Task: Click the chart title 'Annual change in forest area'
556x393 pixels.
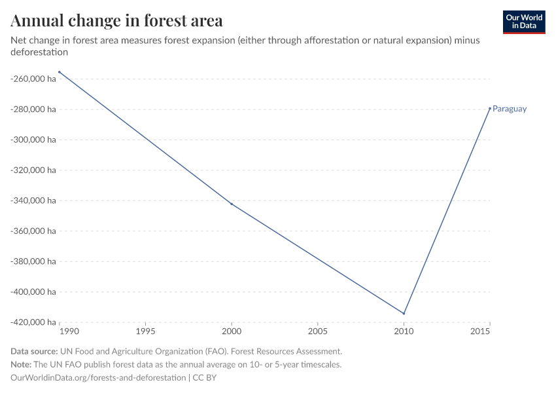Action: click(116, 21)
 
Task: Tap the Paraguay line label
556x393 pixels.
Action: click(510, 109)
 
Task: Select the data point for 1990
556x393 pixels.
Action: click(60, 72)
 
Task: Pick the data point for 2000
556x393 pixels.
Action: click(232, 204)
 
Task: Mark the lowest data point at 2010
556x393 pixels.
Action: click(404, 313)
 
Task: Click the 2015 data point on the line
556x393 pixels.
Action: click(490, 108)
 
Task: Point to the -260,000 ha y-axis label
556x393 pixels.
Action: click(33, 79)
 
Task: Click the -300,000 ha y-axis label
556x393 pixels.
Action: click(33, 140)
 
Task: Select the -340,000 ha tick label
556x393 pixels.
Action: click(33, 200)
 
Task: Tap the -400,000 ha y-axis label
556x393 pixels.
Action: click(33, 291)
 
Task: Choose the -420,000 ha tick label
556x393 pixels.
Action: click(33, 322)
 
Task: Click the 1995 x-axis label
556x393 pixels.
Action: click(145, 332)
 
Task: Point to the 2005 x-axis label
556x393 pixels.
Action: click(317, 332)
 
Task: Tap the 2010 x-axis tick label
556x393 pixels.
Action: click(404, 332)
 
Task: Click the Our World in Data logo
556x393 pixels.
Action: click(523, 22)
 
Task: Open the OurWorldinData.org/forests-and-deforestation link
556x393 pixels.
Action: click(98, 378)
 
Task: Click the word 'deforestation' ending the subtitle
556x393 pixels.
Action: click(39, 52)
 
